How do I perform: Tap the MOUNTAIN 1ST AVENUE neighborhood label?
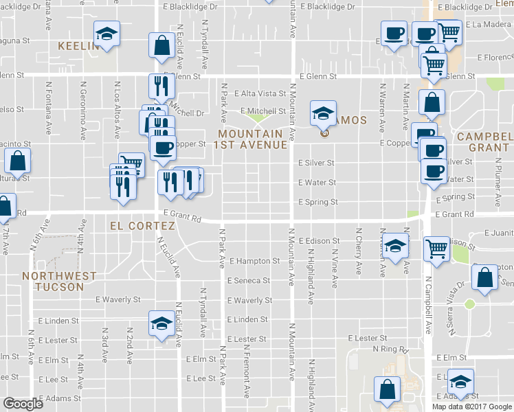(x=249, y=139)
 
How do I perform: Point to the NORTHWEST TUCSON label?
(x=59, y=281)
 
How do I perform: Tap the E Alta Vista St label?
(x=260, y=93)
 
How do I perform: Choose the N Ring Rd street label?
(x=390, y=350)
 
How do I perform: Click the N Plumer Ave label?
(x=496, y=181)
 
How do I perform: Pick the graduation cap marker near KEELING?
(x=107, y=34)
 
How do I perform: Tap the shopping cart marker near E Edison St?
(x=437, y=249)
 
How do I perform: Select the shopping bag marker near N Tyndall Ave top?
(x=161, y=45)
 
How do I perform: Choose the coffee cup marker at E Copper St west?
(x=163, y=146)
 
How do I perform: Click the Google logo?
(x=23, y=404)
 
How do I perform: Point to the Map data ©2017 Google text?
(x=472, y=406)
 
